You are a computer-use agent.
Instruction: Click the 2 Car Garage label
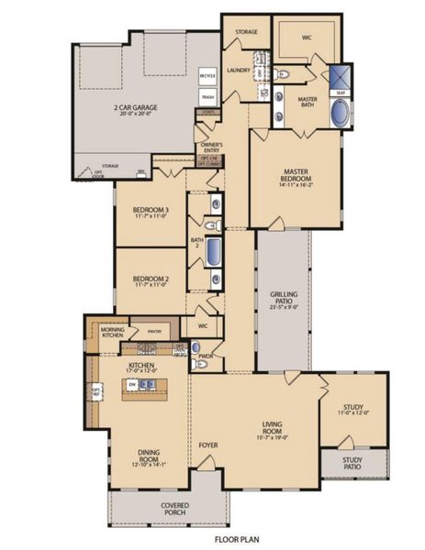point(135,107)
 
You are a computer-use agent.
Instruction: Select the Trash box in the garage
point(207,96)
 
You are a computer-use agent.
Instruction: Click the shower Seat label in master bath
point(341,91)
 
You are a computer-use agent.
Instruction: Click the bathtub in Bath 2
point(213,252)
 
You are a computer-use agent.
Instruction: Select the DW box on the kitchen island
point(133,384)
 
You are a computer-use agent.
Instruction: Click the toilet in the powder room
point(204,365)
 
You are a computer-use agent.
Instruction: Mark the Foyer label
point(209,445)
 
